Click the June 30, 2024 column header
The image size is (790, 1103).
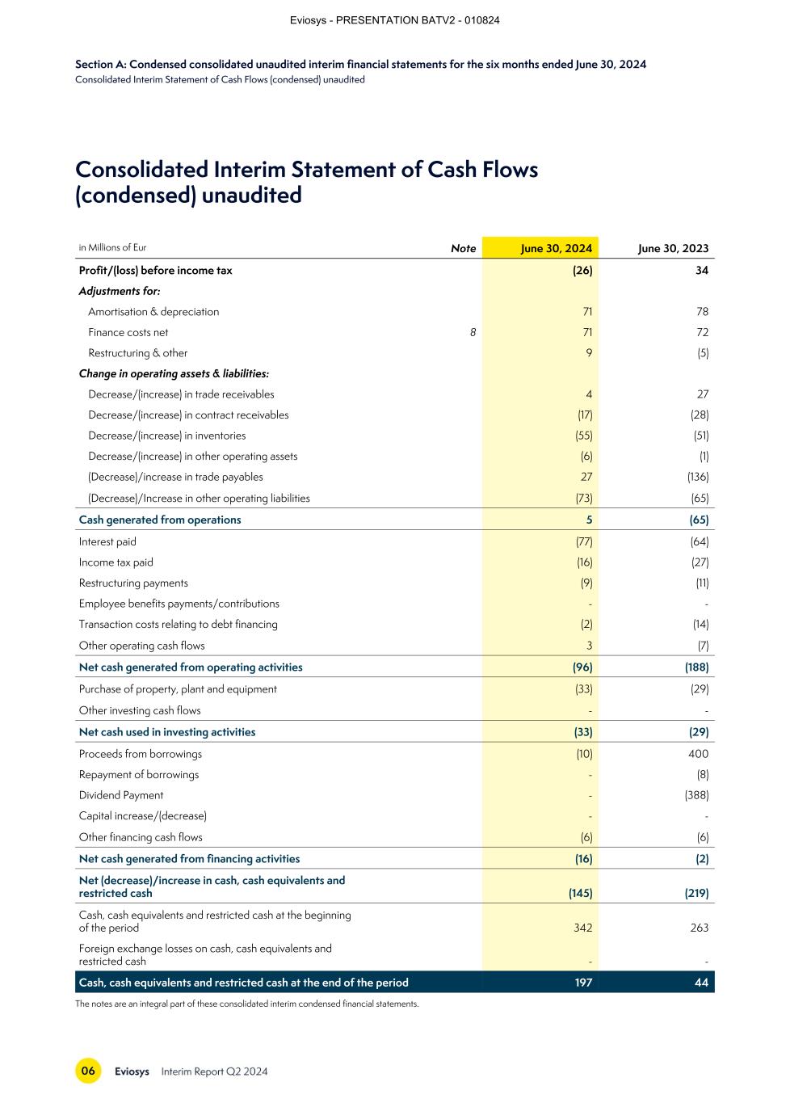click(x=556, y=248)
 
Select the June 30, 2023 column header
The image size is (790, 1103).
click(x=673, y=248)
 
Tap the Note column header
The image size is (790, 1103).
click(x=463, y=248)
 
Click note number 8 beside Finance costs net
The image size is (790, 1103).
click(x=473, y=332)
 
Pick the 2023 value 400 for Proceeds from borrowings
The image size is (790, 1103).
click(x=698, y=754)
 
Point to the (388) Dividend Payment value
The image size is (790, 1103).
click(x=695, y=795)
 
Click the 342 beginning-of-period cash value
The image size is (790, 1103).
click(x=582, y=928)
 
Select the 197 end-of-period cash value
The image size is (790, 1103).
click(x=582, y=983)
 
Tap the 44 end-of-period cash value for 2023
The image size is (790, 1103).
click(x=701, y=983)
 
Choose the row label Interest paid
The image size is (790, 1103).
click(x=107, y=541)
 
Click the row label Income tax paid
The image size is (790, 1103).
click(x=116, y=562)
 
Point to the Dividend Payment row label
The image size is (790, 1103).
click(x=121, y=795)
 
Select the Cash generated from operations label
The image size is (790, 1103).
click(x=160, y=520)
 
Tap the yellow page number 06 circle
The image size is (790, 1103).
click(x=88, y=1071)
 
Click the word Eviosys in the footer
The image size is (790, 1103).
click(x=132, y=1071)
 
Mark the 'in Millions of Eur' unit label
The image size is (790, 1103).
click(x=112, y=247)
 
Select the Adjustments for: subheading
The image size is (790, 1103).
click(x=120, y=291)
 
